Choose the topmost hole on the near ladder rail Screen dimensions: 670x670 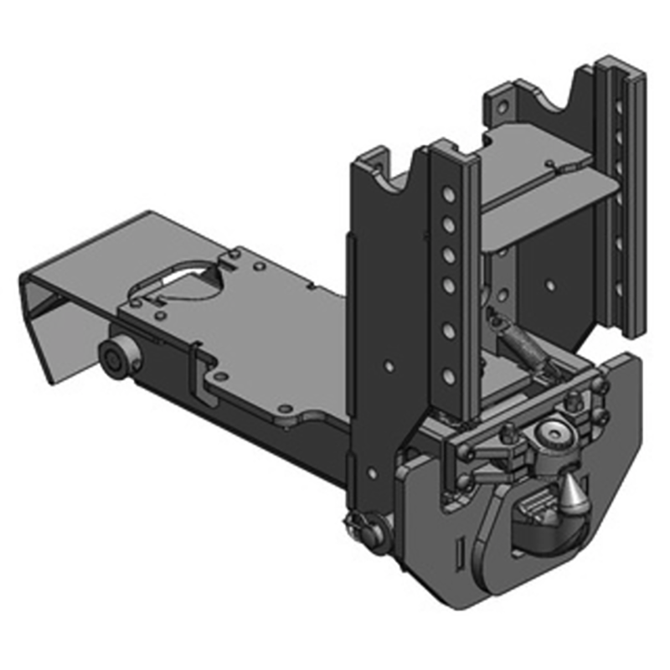pos(449,196)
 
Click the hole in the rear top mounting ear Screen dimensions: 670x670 pos(502,107)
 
